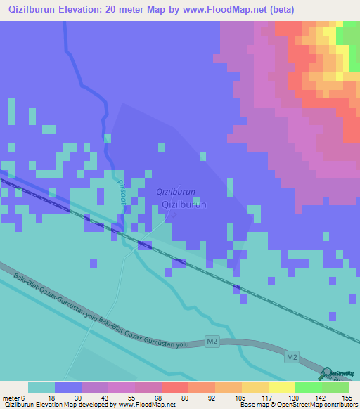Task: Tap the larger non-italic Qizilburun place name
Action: click(x=184, y=204)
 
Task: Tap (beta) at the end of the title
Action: click(x=279, y=9)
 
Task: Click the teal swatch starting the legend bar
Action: click(x=41, y=387)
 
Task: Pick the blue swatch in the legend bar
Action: click(x=68, y=387)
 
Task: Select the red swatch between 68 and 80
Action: click(x=174, y=387)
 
